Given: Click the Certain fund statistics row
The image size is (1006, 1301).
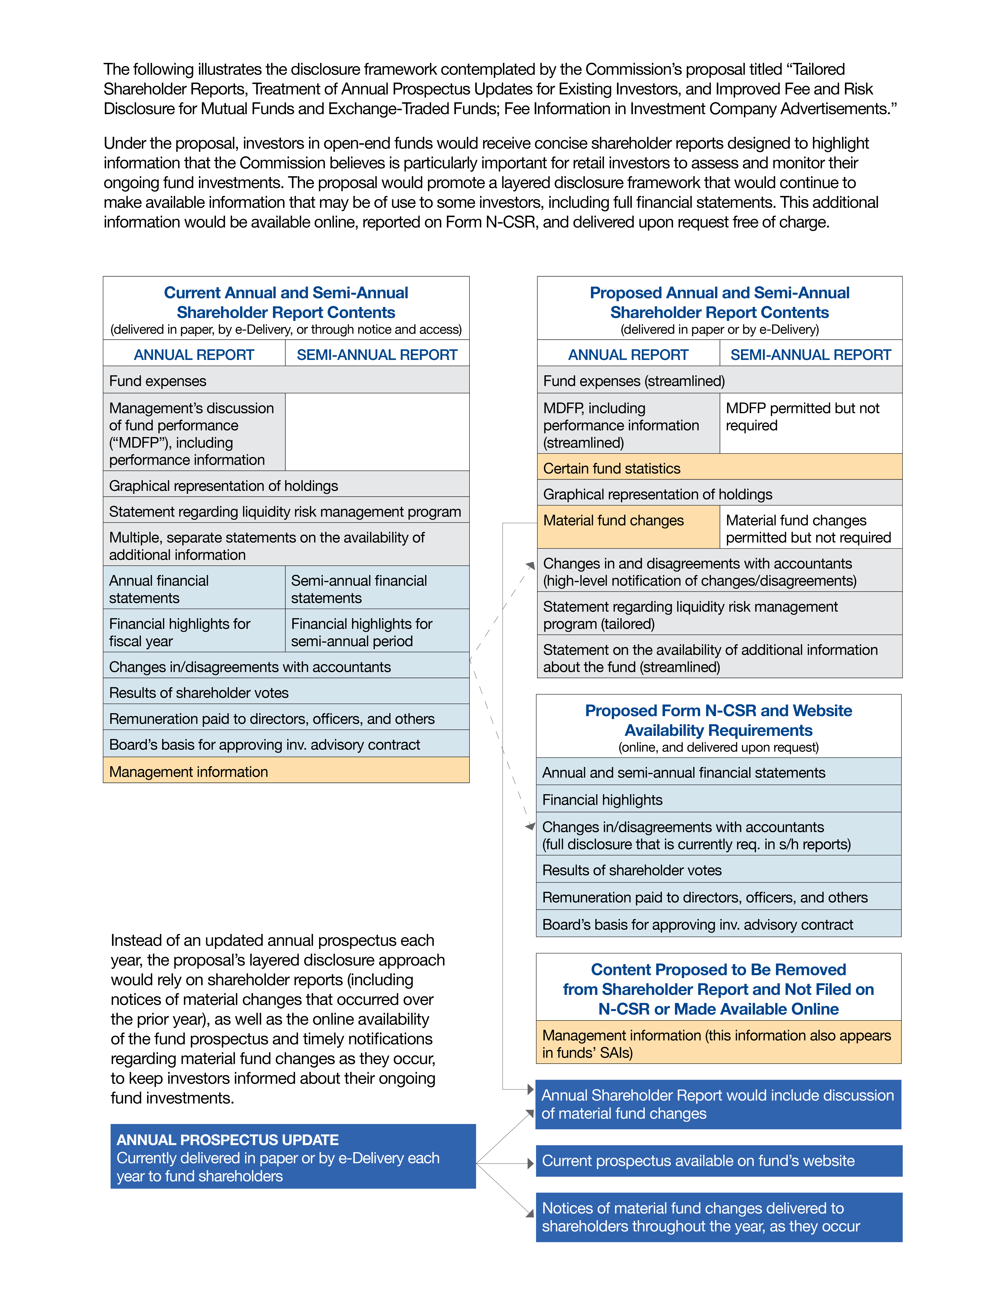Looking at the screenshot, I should click(x=719, y=468).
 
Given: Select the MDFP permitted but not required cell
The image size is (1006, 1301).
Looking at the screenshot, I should click(x=811, y=423).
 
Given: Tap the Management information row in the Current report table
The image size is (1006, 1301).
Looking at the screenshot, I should click(x=286, y=771).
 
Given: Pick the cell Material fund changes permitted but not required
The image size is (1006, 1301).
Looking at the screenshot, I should click(x=811, y=528).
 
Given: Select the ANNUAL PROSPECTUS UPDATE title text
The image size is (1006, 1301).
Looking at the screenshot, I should click(x=228, y=1140).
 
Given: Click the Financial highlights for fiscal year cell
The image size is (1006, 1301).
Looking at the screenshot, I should click(x=194, y=632).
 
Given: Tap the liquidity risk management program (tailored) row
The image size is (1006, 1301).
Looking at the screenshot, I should click(x=719, y=615).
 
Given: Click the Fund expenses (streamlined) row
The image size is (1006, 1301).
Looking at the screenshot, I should click(x=719, y=381).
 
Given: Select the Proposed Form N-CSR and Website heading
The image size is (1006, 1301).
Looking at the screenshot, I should click(x=718, y=720).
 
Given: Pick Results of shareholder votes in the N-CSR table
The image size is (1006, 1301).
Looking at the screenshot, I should click(x=718, y=870).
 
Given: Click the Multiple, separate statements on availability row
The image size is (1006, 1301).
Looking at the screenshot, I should click(x=286, y=546).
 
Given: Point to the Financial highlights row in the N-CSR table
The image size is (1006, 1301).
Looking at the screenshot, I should click(x=718, y=799).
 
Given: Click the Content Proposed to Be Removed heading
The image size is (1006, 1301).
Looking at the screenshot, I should click(x=718, y=989).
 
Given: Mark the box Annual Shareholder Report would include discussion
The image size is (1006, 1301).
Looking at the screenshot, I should click(x=718, y=1104).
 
